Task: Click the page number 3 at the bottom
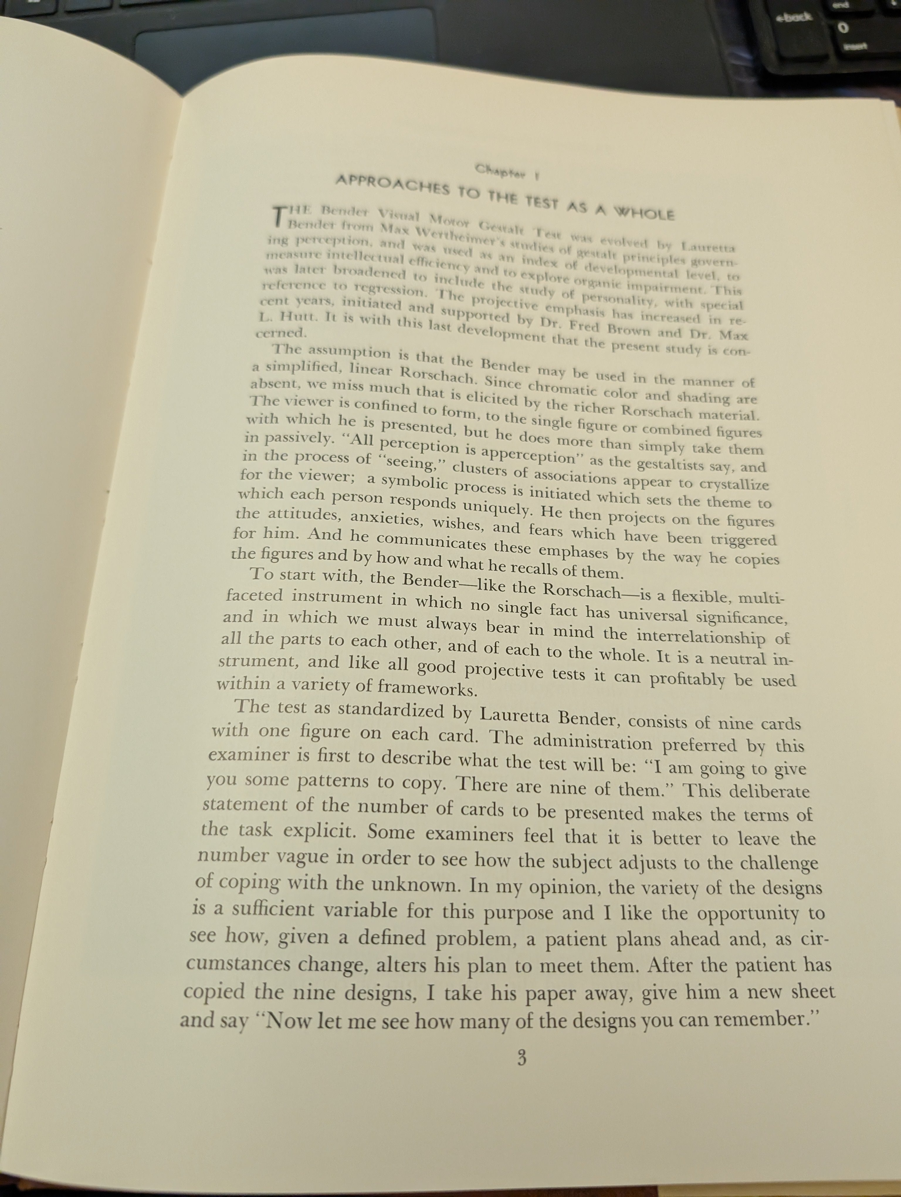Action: click(521, 1058)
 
